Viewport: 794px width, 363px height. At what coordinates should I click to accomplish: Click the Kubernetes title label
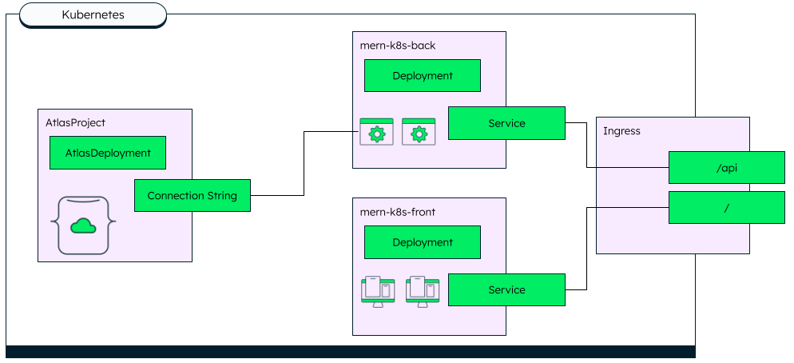click(x=93, y=14)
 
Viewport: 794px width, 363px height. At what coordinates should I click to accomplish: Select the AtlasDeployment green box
click(x=108, y=153)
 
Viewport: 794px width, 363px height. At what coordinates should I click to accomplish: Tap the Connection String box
click(x=192, y=196)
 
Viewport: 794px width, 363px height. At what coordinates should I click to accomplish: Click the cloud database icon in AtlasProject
click(x=83, y=225)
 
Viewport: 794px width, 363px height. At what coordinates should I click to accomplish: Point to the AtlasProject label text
click(x=75, y=122)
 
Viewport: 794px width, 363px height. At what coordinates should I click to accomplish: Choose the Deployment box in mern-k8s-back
click(x=423, y=76)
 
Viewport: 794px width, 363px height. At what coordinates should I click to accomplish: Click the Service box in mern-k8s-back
click(x=506, y=123)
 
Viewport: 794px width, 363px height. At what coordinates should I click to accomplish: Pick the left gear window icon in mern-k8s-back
click(x=377, y=132)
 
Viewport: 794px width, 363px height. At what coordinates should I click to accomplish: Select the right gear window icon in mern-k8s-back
click(x=419, y=132)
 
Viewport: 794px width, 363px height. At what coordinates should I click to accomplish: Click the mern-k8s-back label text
click(x=398, y=46)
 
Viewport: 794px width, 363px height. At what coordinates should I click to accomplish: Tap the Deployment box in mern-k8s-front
click(x=423, y=242)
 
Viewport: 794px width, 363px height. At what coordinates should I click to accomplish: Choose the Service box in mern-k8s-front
click(x=506, y=289)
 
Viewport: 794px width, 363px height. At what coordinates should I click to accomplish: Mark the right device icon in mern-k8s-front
click(x=423, y=290)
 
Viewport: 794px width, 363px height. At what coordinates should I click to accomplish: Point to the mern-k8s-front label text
click(x=398, y=212)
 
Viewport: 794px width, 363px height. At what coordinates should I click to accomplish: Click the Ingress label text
click(x=621, y=130)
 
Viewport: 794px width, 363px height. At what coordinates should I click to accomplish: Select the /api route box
click(x=726, y=168)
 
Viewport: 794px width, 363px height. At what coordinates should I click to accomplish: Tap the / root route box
click(x=726, y=207)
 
